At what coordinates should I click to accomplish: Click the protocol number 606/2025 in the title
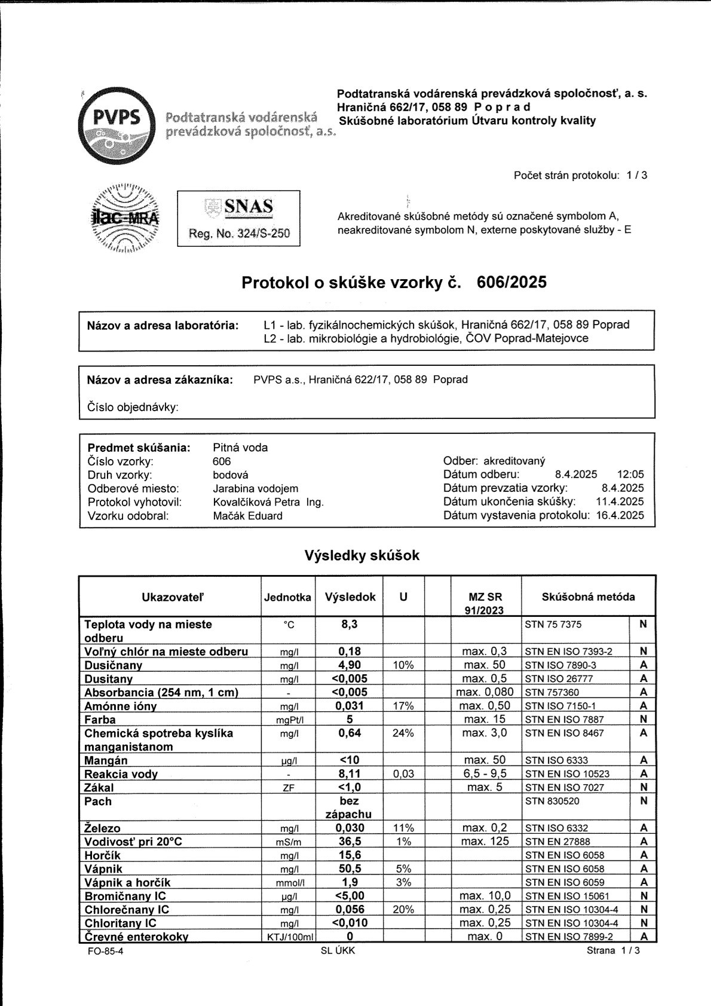512,282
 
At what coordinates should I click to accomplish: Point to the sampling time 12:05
632,475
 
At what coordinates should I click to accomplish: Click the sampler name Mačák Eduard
247,516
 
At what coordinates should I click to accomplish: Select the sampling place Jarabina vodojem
255,488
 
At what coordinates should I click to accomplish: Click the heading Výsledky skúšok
362,555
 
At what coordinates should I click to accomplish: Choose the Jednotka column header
287,597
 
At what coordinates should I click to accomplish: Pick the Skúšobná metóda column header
588,597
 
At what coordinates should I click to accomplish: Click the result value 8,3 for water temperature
349,624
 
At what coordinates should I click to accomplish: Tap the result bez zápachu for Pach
349,808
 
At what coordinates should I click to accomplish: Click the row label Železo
102,828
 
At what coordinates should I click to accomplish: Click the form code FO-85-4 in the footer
105,951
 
